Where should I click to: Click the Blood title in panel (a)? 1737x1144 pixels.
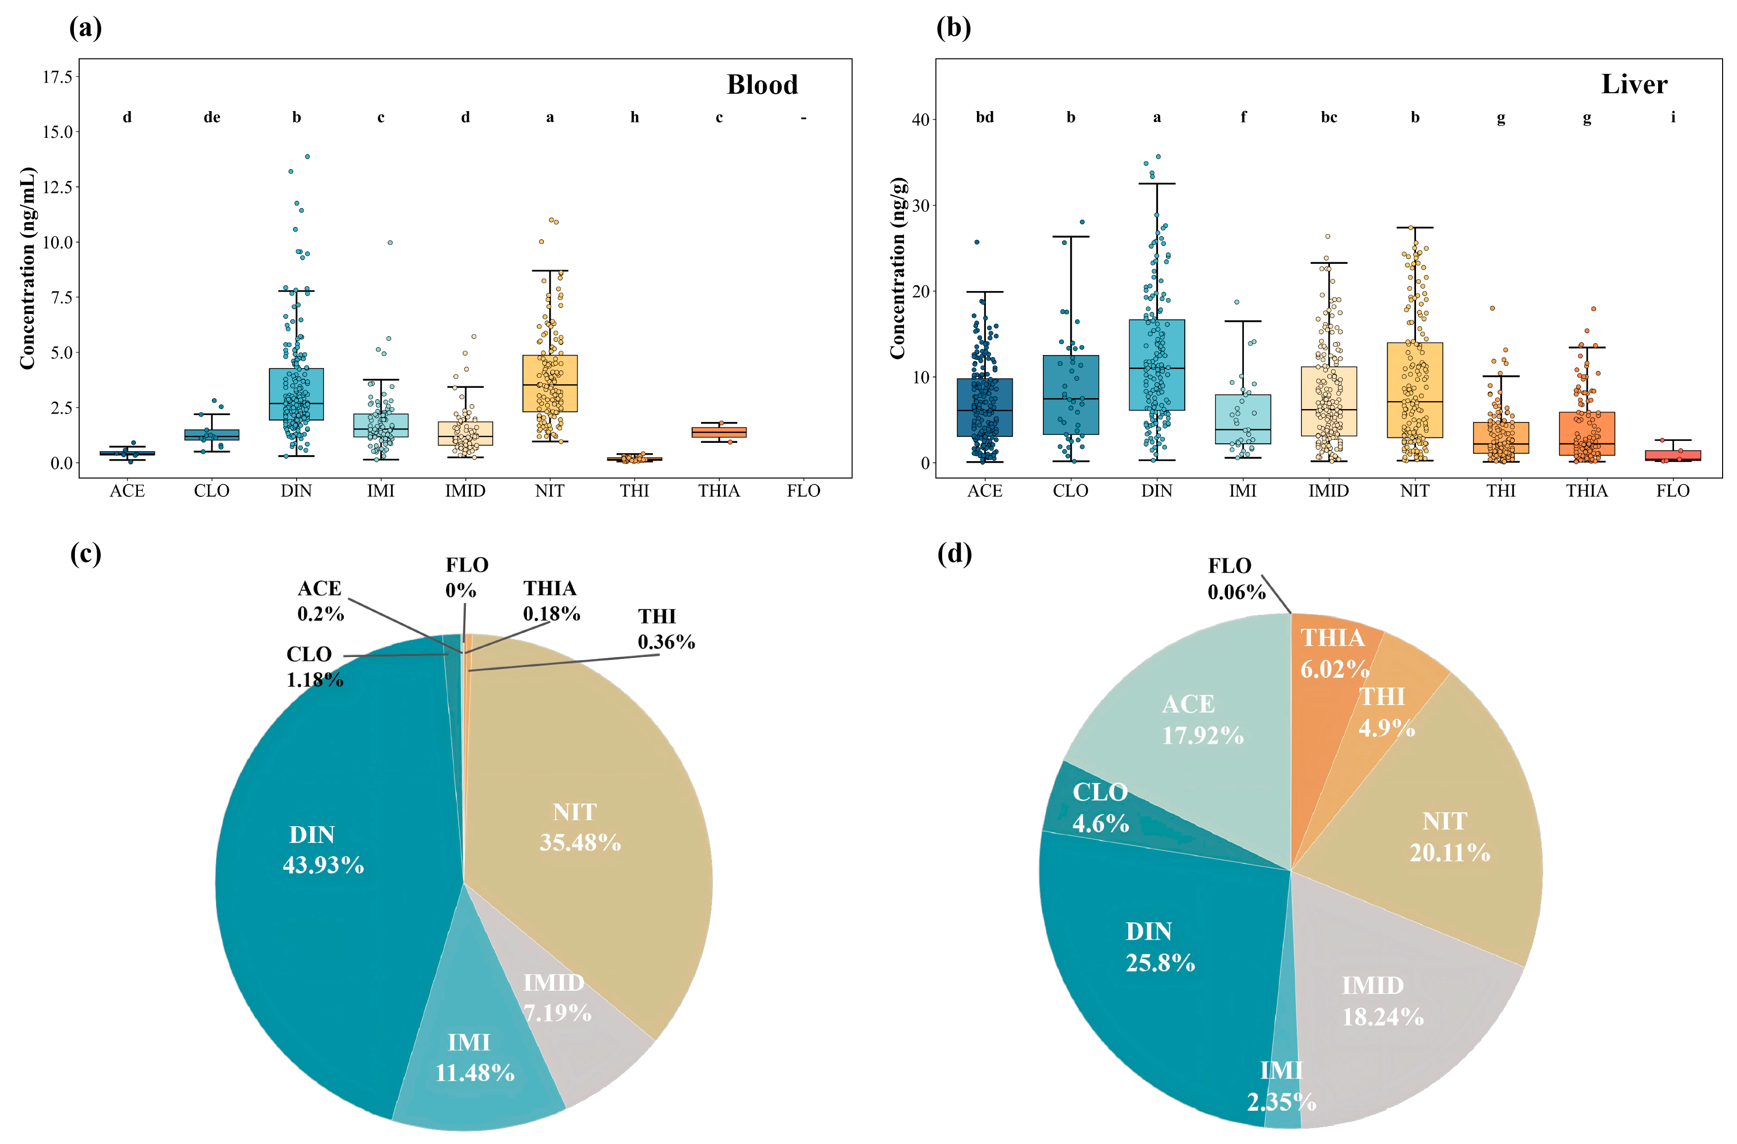coord(762,85)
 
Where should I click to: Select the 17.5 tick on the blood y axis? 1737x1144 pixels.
coord(58,76)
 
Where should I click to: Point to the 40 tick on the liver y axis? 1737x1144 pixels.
coord(920,119)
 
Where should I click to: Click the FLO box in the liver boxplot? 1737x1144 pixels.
coord(1673,455)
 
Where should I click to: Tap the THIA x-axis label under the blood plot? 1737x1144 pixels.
coord(719,491)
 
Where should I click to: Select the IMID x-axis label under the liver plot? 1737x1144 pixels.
coord(1328,491)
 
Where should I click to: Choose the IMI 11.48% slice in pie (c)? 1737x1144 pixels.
coord(474,1058)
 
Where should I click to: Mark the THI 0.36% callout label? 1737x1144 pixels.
coord(666,629)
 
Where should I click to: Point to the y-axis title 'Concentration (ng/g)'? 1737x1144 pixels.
coord(897,268)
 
